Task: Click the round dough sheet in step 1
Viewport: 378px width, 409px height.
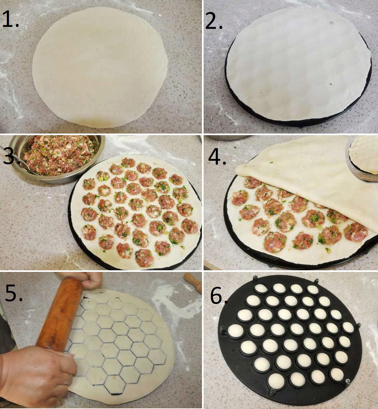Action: [x=100, y=66]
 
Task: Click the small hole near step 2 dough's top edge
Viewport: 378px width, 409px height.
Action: [x=331, y=23]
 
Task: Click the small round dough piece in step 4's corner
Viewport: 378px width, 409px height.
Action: [x=365, y=154]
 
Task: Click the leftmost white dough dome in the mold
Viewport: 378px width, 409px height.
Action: [x=235, y=331]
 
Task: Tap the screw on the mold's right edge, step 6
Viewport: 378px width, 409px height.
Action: [x=359, y=325]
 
